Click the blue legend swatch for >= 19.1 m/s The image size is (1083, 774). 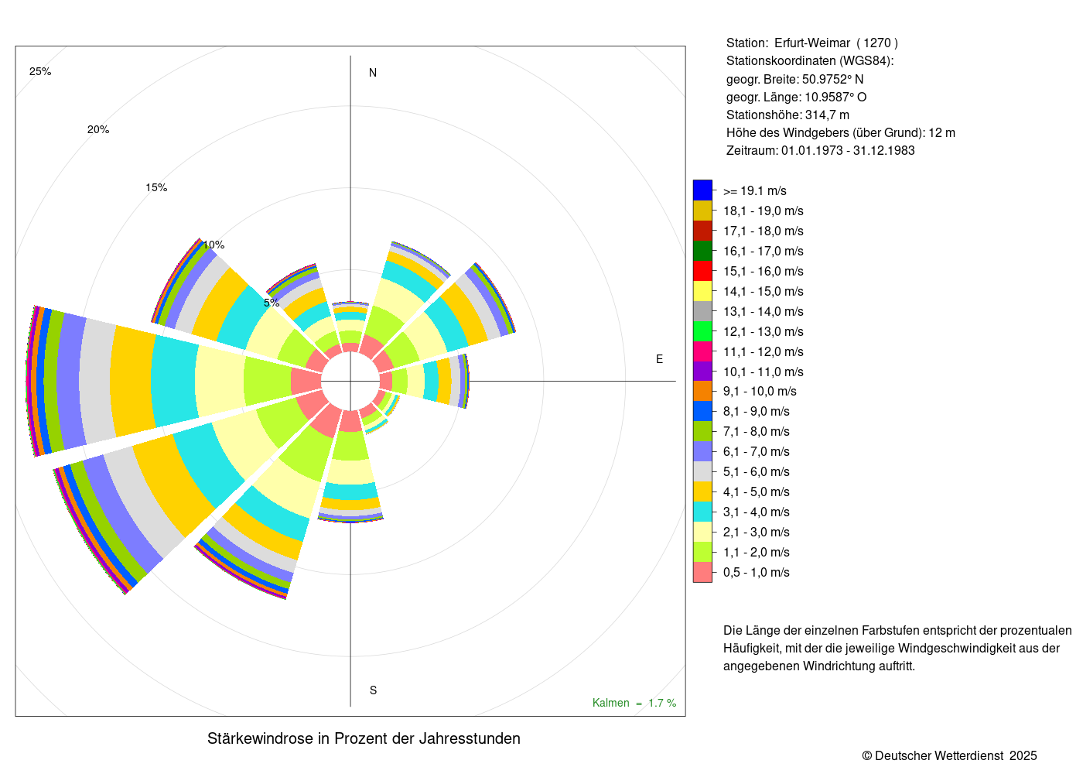(702, 190)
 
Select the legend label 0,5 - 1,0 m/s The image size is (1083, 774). (756, 573)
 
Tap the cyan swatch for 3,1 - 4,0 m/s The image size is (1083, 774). (702, 512)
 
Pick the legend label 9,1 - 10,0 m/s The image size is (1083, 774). (760, 392)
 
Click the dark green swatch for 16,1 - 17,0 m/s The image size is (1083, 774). (702, 251)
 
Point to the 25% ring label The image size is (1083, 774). (40, 72)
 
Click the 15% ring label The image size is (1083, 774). (156, 188)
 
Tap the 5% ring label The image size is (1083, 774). (272, 303)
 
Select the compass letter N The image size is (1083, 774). (373, 74)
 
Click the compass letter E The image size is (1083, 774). (659, 359)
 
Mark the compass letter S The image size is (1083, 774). (373, 690)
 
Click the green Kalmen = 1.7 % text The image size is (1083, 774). (634, 703)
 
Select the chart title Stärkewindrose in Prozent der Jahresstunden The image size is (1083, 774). (364, 738)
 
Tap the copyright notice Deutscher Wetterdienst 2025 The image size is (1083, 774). (949, 755)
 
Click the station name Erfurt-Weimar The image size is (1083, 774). (811, 43)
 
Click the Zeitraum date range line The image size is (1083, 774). (820, 151)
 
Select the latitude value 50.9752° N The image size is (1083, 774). (832, 80)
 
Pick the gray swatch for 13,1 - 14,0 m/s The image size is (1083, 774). (702, 311)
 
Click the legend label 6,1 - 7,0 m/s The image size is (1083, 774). (756, 452)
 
